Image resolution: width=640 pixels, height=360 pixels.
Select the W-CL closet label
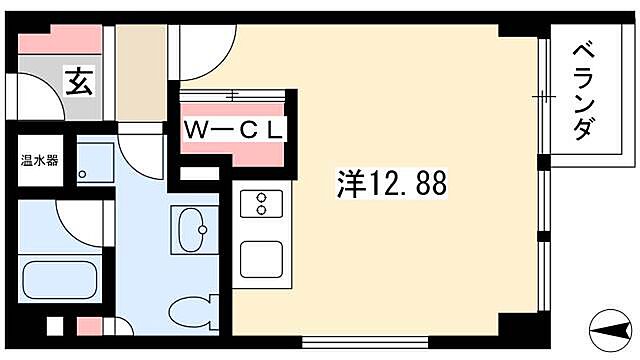tap(235, 129)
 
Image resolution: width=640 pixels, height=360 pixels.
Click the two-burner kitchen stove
tap(262, 204)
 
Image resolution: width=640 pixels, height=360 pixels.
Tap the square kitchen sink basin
tap(262, 259)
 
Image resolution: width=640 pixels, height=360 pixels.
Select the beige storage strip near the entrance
tap(141, 70)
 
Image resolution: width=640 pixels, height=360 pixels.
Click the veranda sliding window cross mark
tap(544, 96)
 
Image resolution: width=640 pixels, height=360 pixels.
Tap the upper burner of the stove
tap(262, 196)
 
